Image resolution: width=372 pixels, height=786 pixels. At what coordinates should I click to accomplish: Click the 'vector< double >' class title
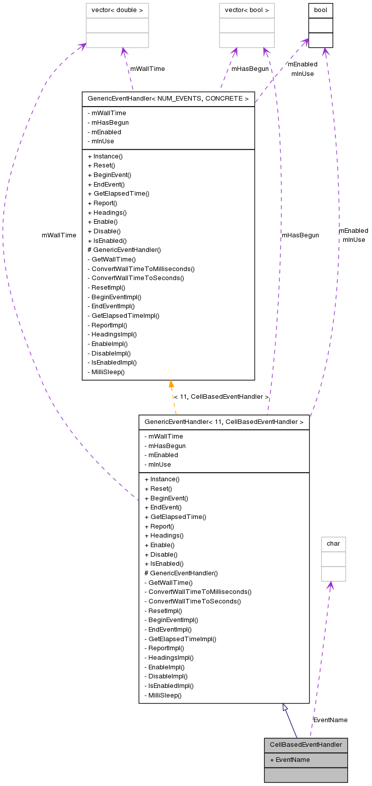[117, 11]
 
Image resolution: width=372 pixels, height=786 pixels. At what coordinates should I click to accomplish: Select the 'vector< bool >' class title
[247, 11]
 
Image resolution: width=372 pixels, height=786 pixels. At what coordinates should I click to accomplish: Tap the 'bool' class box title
[321, 11]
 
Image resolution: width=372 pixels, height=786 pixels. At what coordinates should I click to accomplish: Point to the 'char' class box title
[333, 544]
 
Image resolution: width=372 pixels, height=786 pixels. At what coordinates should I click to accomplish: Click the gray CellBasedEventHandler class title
[306, 745]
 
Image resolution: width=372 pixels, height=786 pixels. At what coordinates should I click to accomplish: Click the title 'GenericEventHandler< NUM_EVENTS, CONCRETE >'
[168, 99]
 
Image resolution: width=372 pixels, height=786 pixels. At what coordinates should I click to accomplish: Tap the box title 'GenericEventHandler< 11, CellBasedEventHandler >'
[224, 422]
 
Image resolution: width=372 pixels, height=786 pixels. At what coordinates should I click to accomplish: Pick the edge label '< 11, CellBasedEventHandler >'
[221, 397]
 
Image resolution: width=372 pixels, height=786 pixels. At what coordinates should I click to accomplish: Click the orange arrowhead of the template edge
[171, 385]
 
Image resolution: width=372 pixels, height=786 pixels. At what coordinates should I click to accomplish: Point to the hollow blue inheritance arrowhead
[285, 707]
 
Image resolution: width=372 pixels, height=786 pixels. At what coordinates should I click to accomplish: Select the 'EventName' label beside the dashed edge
[330, 720]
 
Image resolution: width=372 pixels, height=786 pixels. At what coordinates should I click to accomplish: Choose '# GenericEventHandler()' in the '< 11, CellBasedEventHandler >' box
[181, 573]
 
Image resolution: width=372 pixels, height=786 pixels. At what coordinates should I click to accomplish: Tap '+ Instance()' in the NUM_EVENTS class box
[105, 156]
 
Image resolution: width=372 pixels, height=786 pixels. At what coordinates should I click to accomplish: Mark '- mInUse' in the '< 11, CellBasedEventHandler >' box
[157, 465]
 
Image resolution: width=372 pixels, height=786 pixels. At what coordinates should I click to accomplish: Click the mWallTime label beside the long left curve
[59, 235]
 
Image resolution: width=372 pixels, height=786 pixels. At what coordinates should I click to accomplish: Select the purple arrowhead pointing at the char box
[330, 585]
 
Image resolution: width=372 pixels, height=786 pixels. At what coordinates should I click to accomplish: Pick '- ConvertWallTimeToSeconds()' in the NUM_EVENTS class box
[135, 278]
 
